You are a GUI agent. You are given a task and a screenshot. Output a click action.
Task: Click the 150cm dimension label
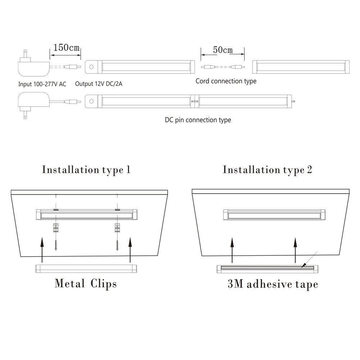coord(66,47)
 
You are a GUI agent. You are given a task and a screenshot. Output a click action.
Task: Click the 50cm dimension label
coord(223,50)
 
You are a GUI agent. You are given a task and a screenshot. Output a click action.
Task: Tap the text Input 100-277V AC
coord(42,84)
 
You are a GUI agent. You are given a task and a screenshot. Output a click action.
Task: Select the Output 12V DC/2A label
coord(99,84)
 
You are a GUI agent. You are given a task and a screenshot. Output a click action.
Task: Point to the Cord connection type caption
coord(226,81)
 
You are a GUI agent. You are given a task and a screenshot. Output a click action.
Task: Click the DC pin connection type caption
coord(198,120)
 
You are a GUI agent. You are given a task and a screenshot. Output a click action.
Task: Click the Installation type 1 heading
coord(86,170)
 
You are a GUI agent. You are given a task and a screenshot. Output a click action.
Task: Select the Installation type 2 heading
coord(268,170)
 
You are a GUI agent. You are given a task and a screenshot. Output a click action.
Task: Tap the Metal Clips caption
coord(86,283)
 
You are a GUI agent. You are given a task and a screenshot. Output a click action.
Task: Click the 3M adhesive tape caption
coord(273,284)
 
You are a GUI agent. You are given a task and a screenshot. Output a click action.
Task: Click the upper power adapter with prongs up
coord(33,64)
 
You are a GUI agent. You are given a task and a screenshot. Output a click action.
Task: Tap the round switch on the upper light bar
coord(91,67)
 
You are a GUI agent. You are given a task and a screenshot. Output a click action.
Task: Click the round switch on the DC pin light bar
coord(91,101)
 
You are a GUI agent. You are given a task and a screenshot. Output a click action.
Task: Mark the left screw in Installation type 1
coord(56,245)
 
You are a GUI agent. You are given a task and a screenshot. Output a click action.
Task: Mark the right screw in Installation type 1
coord(117,245)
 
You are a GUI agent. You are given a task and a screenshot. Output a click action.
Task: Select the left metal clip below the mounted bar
coord(56,228)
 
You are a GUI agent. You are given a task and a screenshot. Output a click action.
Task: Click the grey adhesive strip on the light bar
coord(267,268)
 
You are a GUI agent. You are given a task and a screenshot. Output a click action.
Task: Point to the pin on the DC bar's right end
coord(293,101)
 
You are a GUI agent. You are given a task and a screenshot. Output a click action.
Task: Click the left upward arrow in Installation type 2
coord(232,250)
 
